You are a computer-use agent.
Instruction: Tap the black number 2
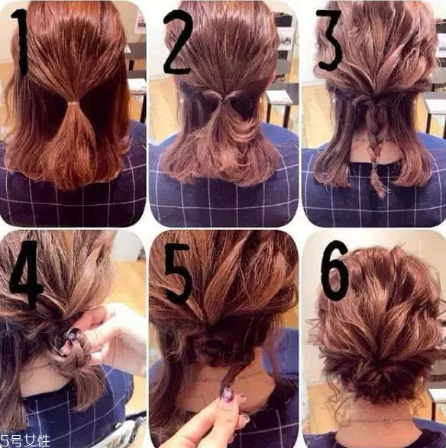[x=177, y=43]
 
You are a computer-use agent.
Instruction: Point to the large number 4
[x=26, y=274]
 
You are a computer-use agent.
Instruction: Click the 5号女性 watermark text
[x=25, y=441]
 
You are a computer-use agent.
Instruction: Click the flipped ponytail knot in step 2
[x=225, y=99]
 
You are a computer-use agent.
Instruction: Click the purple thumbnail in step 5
[x=228, y=395]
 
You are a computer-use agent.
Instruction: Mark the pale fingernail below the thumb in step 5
[x=244, y=420]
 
